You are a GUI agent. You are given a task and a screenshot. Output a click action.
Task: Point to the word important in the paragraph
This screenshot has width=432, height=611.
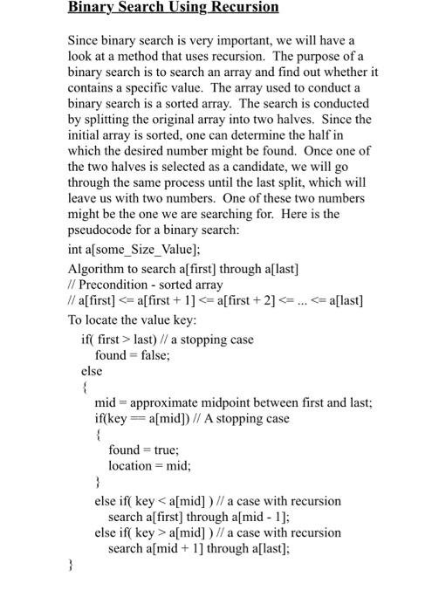(237, 40)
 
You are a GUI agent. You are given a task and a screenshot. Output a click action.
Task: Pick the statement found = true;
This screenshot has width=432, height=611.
(143, 450)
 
